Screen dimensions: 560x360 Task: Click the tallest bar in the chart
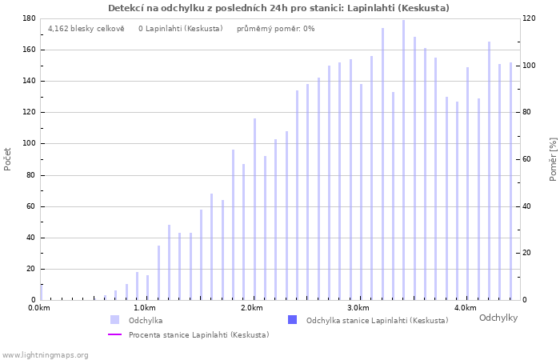pyautogui.click(x=403, y=160)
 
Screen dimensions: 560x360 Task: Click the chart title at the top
pyautogui.click(x=278, y=8)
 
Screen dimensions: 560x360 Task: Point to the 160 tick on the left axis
pyautogui.click(x=30, y=50)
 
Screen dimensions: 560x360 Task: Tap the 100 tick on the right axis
pyautogui.click(x=530, y=66)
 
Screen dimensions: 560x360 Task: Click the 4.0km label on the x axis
pyautogui.click(x=466, y=308)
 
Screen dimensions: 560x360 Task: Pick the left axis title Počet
pyautogui.click(x=7, y=159)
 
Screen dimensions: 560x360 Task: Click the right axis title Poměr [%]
pyautogui.click(x=554, y=159)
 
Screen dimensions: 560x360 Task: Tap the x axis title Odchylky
pyautogui.click(x=498, y=318)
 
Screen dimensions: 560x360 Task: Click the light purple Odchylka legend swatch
pyautogui.click(x=114, y=320)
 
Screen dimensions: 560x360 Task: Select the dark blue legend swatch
pyautogui.click(x=292, y=320)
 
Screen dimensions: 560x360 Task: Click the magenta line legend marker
pyautogui.click(x=114, y=334)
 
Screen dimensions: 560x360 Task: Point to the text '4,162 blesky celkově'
pyautogui.click(x=86, y=29)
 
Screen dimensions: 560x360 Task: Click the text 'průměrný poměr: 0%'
pyautogui.click(x=276, y=29)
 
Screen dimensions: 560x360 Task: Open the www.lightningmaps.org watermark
pyautogui.click(x=45, y=355)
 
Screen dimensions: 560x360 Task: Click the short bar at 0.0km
pyautogui.click(x=41, y=293)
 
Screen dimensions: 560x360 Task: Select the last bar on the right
pyautogui.click(x=510, y=182)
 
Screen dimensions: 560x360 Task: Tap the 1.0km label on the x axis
pyautogui.click(x=145, y=308)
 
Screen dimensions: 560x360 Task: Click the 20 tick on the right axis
pyautogui.click(x=528, y=253)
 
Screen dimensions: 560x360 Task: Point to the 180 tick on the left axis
pyautogui.click(x=30, y=18)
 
